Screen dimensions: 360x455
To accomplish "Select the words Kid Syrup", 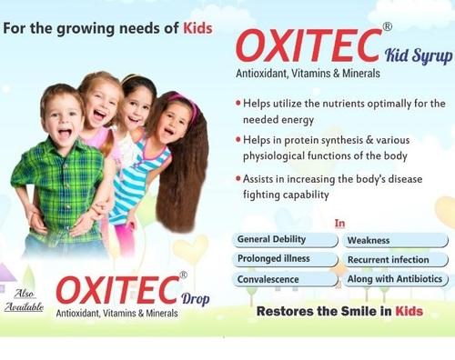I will tap(420, 56).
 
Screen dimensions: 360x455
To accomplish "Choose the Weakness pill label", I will tap(369, 241).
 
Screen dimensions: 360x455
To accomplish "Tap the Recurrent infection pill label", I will tap(389, 260).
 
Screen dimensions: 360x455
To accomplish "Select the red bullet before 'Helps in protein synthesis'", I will tap(238, 140).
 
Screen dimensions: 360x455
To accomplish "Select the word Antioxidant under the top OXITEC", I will tap(264, 77).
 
